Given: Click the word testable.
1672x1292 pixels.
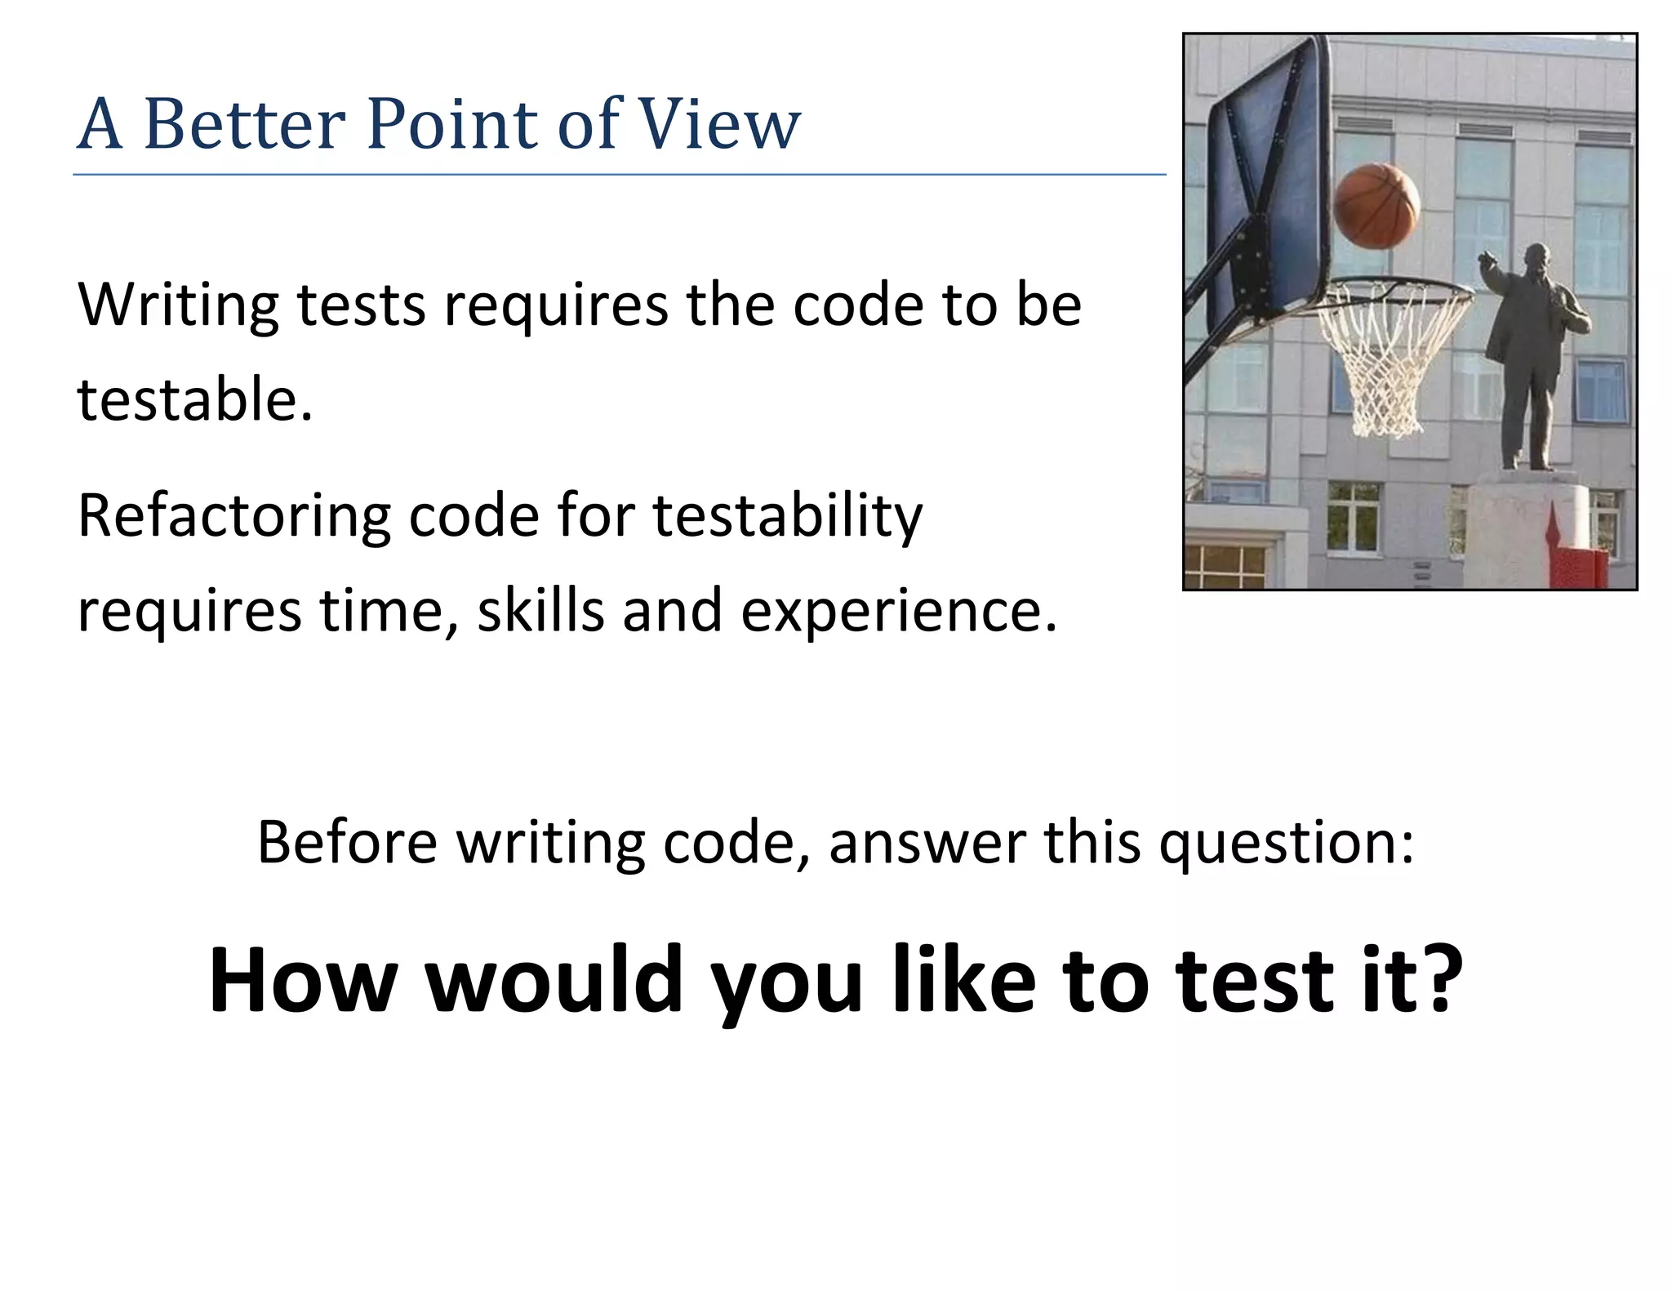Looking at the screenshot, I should (194, 400).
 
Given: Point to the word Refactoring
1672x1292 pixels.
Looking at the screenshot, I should (233, 517).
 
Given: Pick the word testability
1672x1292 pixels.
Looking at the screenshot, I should (787, 517).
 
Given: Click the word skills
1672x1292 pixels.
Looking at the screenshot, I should (541, 611).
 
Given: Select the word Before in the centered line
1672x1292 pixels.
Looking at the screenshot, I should (347, 842).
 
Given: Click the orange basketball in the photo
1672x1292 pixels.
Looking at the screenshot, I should (1376, 206).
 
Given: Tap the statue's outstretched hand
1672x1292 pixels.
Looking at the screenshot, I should (1487, 261).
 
